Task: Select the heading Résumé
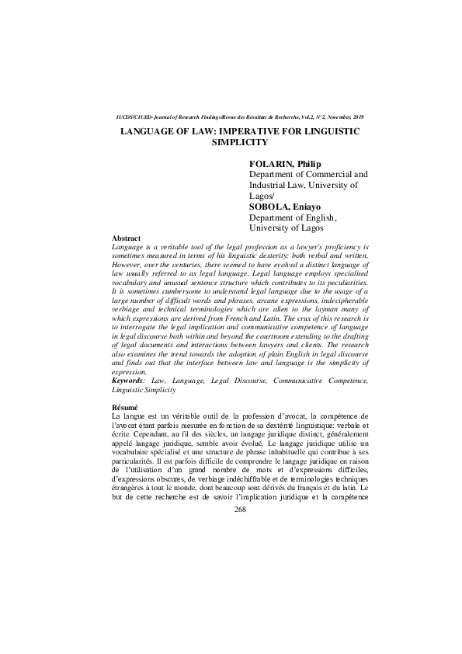pos(126,407)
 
